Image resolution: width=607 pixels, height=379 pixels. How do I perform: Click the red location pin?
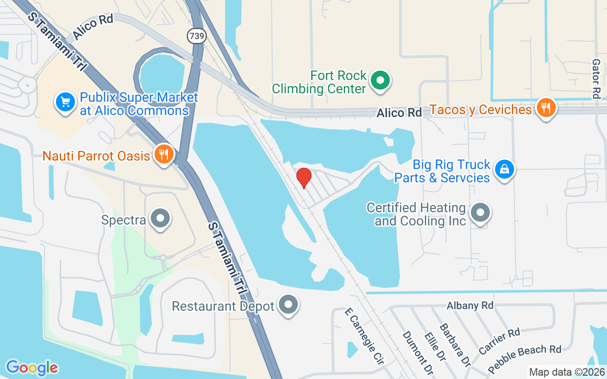[304, 177]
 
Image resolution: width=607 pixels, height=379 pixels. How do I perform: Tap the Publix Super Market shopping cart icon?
[65, 102]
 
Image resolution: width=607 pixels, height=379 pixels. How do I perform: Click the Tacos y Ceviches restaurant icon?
[546, 108]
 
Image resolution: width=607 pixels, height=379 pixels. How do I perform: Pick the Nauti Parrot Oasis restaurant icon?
[164, 154]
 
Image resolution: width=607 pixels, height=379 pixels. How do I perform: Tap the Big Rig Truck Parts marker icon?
[505, 169]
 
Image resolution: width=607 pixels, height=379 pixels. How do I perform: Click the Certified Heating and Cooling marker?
[481, 213]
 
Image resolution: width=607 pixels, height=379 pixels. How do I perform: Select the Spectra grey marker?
[160, 218]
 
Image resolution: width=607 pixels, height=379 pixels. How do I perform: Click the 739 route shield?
[197, 36]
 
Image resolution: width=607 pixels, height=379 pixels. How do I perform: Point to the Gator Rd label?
[596, 79]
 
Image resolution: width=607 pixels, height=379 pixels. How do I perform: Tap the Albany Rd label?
[469, 306]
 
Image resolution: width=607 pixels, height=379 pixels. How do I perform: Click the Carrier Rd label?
[499, 341]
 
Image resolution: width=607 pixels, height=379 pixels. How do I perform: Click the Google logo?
[32, 367]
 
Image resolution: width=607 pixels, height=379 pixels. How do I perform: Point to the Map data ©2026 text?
[566, 372]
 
